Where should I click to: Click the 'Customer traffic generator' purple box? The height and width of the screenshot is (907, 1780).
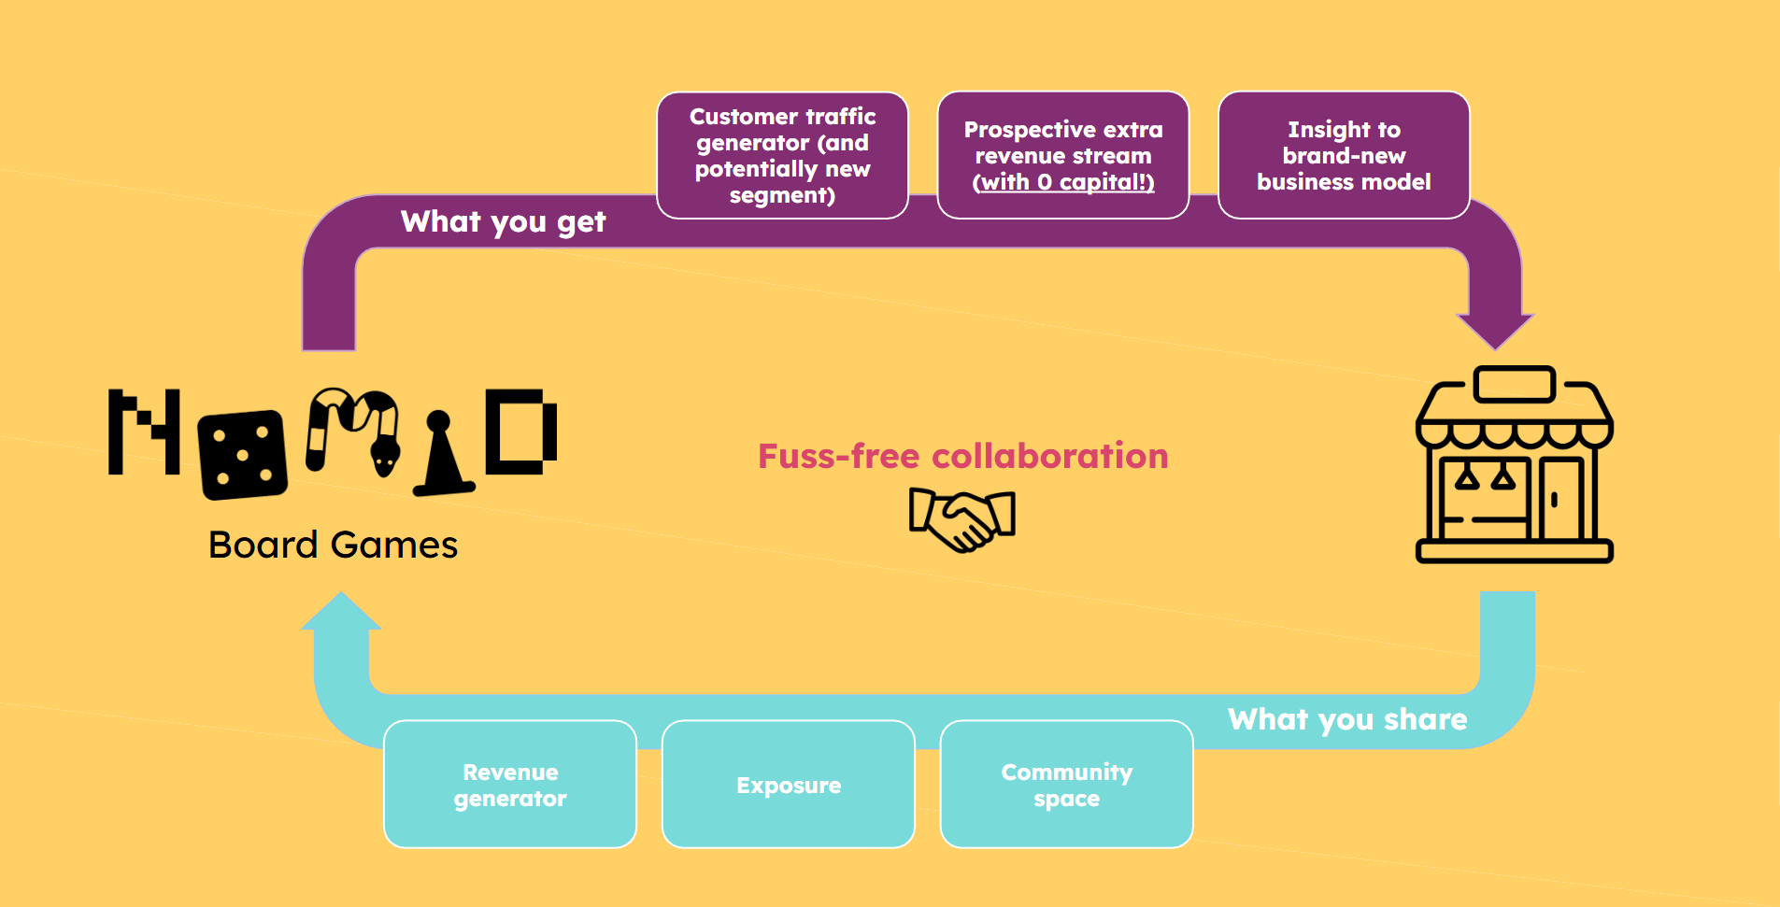pos(782,155)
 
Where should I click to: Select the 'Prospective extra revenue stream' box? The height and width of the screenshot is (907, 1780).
pos(1062,155)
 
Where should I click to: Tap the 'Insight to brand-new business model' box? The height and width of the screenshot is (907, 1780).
pos(1344,155)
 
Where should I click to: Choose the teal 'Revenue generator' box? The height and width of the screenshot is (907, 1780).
pos(510,785)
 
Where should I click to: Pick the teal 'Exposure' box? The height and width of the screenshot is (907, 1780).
pos(789,785)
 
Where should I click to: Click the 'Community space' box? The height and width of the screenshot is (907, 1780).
pos(1066,785)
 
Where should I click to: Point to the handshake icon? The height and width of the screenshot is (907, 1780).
pos(962,519)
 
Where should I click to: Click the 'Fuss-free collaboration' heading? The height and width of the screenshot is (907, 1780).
pos(962,457)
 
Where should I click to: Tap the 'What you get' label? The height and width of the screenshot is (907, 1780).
pos(503,222)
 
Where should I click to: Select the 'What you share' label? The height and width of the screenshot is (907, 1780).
pos(1346,719)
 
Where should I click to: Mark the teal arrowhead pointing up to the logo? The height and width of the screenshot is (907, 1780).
pos(341,613)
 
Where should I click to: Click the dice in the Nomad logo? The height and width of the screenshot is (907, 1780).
pos(243,454)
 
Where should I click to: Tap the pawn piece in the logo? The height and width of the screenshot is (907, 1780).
pos(441,458)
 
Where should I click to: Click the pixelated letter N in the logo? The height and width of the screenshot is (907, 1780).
pos(143,432)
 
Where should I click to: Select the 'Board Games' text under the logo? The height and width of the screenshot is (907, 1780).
pos(333,546)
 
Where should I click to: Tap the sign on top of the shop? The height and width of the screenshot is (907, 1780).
pos(1514,384)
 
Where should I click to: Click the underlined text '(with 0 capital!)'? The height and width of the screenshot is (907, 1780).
pos(1062,182)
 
